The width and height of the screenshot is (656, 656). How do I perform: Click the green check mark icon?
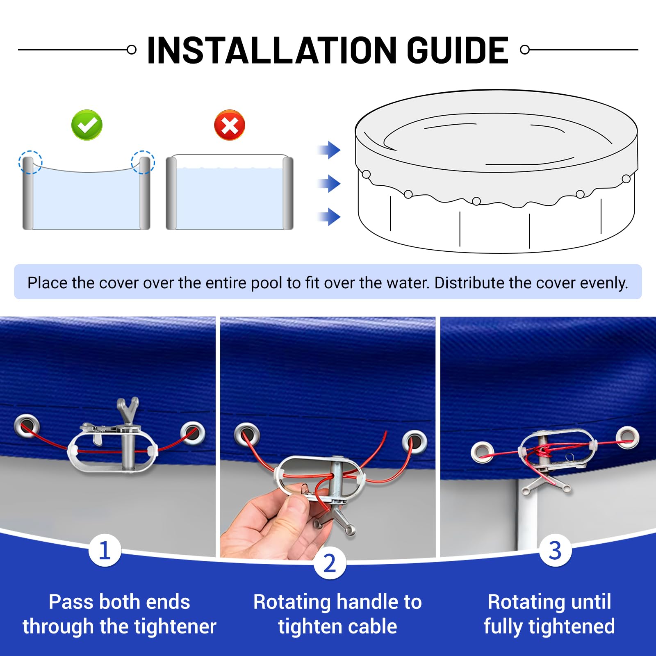coord(87,125)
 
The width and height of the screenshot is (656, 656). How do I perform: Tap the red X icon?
coord(230,125)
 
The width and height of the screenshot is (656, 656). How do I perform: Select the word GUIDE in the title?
coord(458,50)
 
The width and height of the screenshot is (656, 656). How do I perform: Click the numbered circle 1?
coord(105,550)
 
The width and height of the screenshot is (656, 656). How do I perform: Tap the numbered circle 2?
coord(330,563)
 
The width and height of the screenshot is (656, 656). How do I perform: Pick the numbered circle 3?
coord(555,550)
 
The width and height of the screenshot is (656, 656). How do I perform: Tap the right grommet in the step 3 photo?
coord(627,437)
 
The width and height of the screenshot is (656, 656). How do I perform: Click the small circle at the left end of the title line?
coord(132,50)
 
